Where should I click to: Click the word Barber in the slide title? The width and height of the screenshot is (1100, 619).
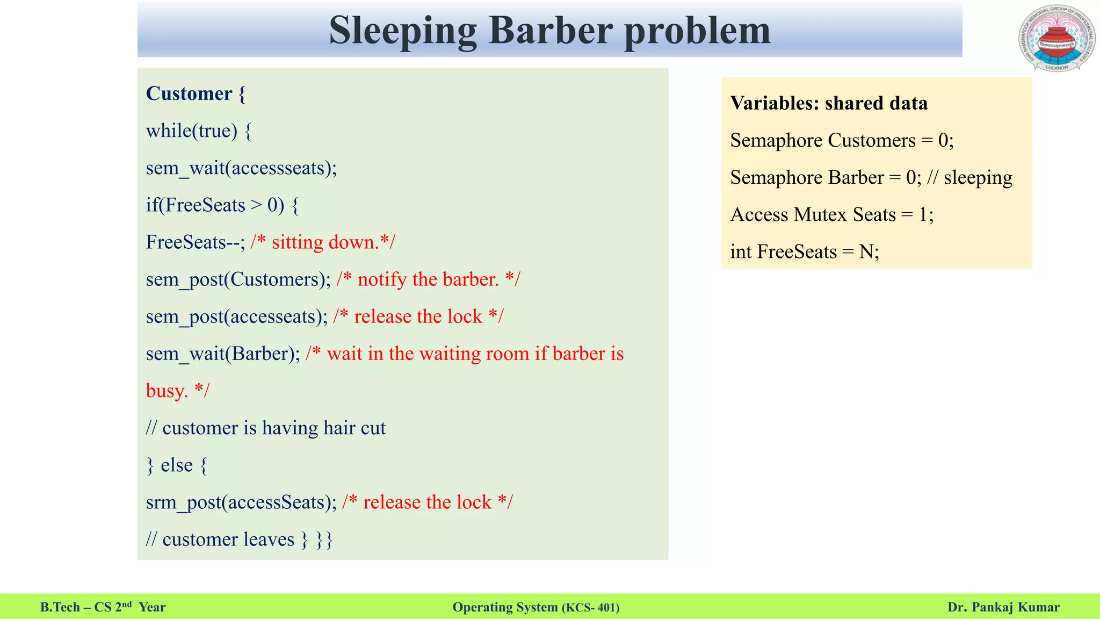pyautogui.click(x=551, y=30)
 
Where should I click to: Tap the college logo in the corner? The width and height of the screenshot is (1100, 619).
pyautogui.click(x=1056, y=39)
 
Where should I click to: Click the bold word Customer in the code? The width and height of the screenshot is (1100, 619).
pyautogui.click(x=189, y=93)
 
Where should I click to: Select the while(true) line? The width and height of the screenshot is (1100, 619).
pyautogui.click(x=198, y=131)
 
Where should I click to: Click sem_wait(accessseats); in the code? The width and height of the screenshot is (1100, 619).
pyautogui.click(x=241, y=168)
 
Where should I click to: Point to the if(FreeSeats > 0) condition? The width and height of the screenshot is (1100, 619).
pyautogui.click(x=222, y=205)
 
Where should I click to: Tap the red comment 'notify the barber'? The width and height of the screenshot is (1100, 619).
pyautogui.click(x=428, y=279)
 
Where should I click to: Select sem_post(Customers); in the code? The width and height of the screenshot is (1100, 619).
pyautogui.click(x=238, y=279)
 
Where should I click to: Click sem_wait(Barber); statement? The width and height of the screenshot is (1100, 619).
pyautogui.click(x=223, y=354)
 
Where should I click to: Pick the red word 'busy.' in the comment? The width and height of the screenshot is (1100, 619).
pyautogui.click(x=167, y=391)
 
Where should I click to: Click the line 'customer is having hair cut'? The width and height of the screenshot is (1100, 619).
pyautogui.click(x=266, y=428)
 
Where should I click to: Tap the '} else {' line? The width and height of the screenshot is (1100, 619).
pyautogui.click(x=177, y=465)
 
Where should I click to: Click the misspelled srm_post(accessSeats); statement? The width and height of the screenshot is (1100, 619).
pyautogui.click(x=241, y=502)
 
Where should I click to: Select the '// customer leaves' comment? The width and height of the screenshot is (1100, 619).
pyautogui.click(x=221, y=539)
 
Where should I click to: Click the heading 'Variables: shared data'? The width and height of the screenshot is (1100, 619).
pyautogui.click(x=829, y=103)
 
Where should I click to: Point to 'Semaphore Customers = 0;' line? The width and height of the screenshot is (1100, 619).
pyautogui.click(x=842, y=140)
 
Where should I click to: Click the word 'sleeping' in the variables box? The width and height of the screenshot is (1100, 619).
pyautogui.click(x=978, y=177)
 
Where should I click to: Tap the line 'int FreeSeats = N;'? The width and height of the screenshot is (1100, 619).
pyautogui.click(x=804, y=251)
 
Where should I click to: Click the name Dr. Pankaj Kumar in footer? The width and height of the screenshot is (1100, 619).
pyautogui.click(x=1003, y=607)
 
